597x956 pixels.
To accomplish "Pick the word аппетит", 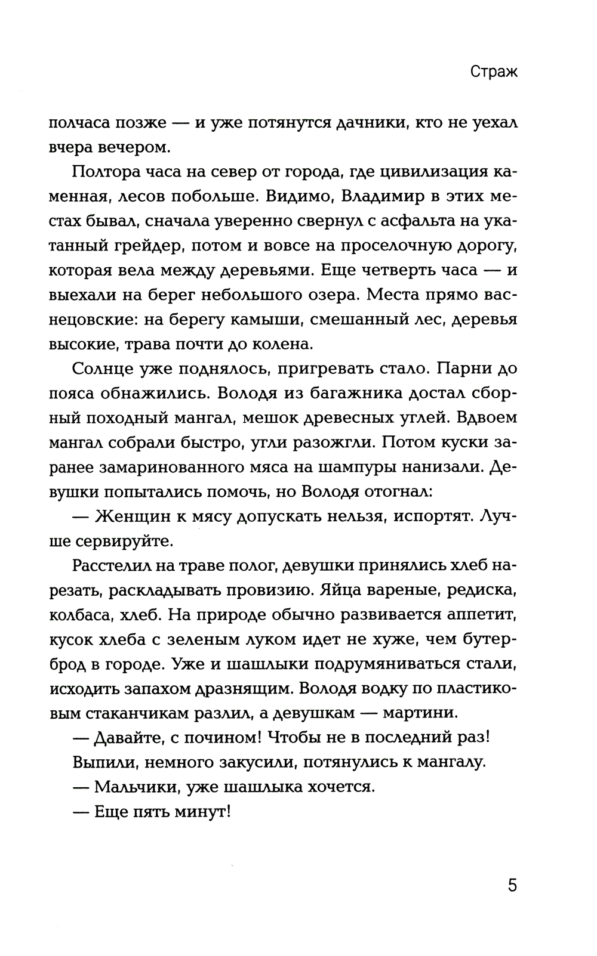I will click(x=480, y=614).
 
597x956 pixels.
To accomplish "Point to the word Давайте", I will click(x=128, y=737).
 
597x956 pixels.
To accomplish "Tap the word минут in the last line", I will click(x=201, y=812).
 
